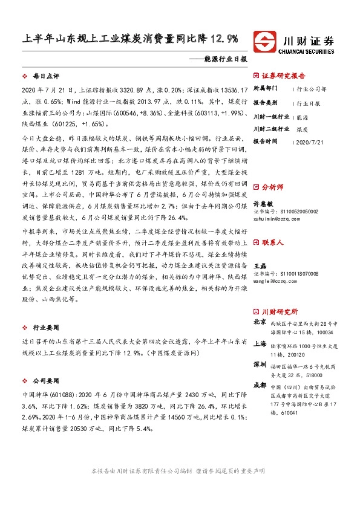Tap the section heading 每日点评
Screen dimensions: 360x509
45,77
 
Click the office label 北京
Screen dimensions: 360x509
260,323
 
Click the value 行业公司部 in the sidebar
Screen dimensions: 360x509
313,88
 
